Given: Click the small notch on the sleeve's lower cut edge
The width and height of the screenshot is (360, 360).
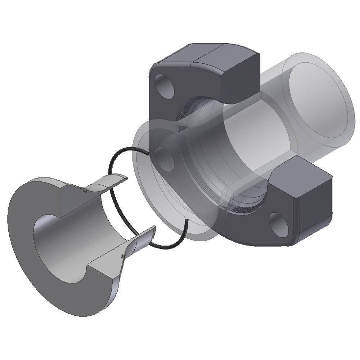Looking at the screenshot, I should click(x=123, y=256).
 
